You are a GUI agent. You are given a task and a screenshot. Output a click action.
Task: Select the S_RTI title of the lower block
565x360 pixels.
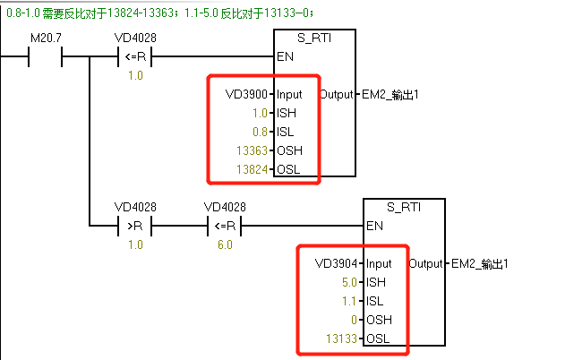pos(403,208)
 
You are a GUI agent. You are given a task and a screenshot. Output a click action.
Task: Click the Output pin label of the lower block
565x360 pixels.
pos(424,264)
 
